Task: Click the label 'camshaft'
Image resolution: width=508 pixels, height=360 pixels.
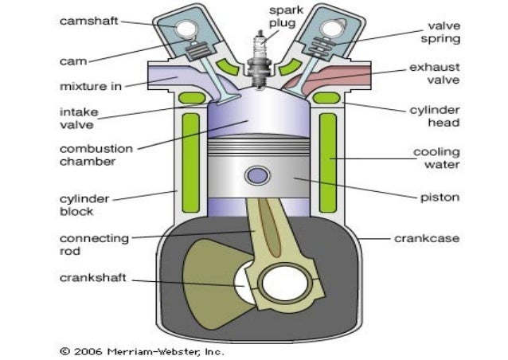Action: pyautogui.click(x=90, y=22)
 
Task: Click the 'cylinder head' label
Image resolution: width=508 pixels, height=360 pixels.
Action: pyautogui.click(x=443, y=116)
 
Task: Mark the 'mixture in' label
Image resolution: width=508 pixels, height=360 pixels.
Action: pyautogui.click(x=90, y=85)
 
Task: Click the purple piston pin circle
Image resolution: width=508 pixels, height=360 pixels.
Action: pyautogui.click(x=257, y=174)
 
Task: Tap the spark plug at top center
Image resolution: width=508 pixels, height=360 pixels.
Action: pyautogui.click(x=259, y=56)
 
